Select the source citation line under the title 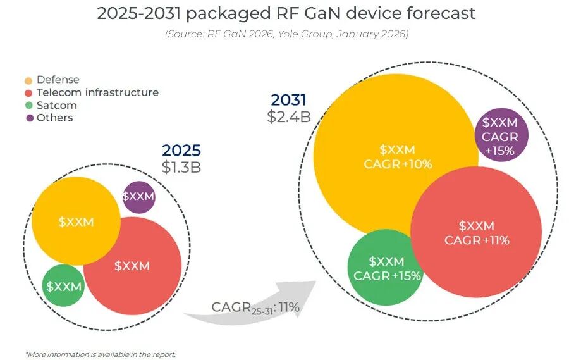point(286,34)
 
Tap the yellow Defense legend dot point(28,80)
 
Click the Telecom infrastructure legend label point(97,92)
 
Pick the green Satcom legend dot point(28,105)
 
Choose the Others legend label point(55,118)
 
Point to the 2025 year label point(181,151)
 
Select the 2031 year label point(289,100)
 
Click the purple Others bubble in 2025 point(138,197)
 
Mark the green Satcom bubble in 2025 point(63,287)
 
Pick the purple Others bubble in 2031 point(500,136)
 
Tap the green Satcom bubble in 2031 point(386,268)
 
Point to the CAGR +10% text point(398,164)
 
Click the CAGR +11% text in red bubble point(477,240)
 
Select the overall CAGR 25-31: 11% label point(255,307)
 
